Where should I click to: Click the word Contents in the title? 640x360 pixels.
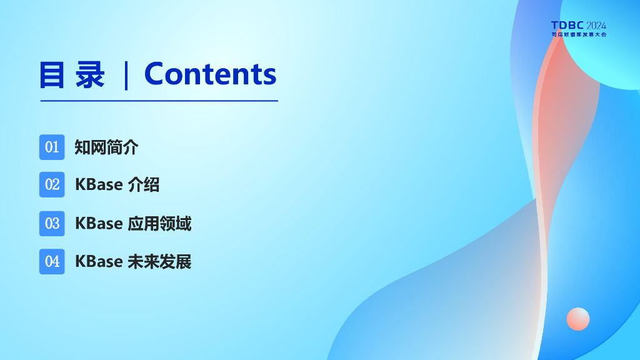(x=210, y=74)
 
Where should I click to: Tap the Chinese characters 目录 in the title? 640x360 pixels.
(x=72, y=75)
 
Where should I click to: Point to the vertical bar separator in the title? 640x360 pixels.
(x=126, y=75)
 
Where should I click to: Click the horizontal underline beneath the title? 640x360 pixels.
(x=159, y=101)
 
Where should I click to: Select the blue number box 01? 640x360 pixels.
(x=52, y=147)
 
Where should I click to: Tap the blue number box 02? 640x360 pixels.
(x=52, y=184)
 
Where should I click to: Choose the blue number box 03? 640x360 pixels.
(x=52, y=224)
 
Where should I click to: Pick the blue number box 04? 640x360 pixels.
(x=52, y=262)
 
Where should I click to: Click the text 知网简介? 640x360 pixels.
(x=106, y=147)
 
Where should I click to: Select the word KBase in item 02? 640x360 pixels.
(x=99, y=184)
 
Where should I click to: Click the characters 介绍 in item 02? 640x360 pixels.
(x=144, y=184)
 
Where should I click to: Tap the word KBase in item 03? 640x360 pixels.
(x=99, y=224)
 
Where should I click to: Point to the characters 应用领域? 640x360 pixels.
(x=159, y=224)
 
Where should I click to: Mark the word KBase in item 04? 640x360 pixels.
(x=99, y=262)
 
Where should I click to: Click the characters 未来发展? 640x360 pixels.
(x=159, y=262)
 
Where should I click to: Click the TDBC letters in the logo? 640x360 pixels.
(x=567, y=25)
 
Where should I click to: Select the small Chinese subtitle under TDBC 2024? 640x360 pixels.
(x=579, y=35)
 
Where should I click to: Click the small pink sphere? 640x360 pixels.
(x=578, y=319)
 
